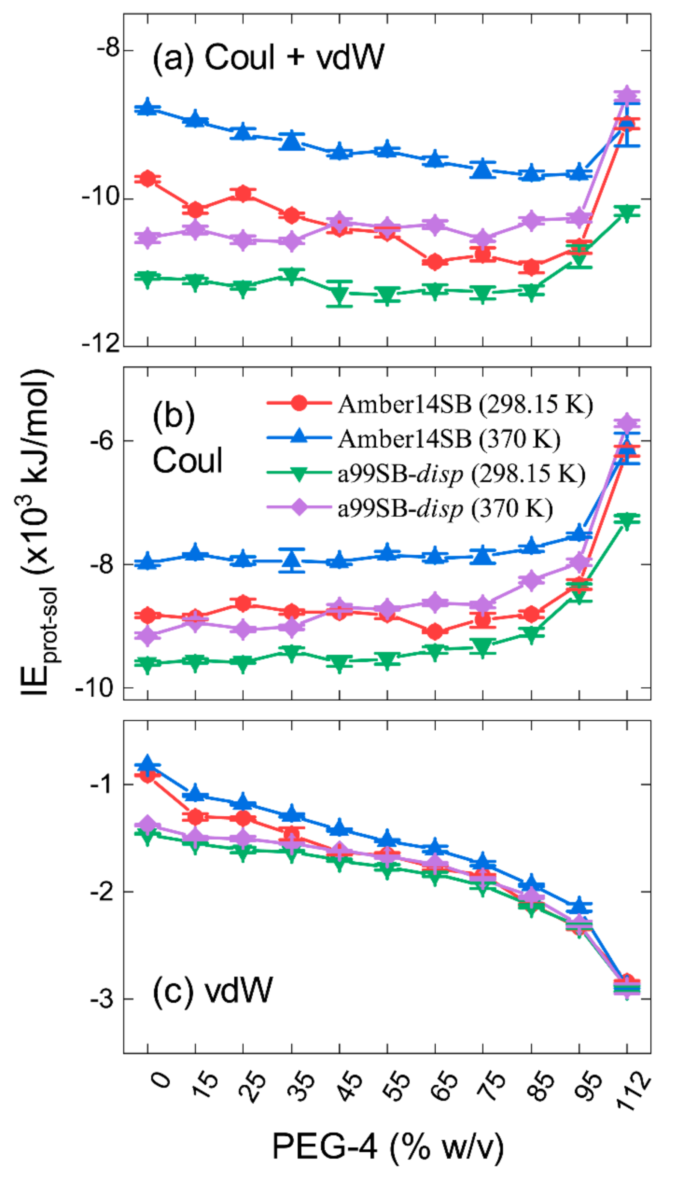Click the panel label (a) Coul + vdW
click(x=268, y=58)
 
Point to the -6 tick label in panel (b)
click(x=101, y=441)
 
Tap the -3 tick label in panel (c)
click(x=101, y=999)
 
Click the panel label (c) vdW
click(x=213, y=989)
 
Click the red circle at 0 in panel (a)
click(x=148, y=178)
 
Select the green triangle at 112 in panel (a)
click(x=627, y=213)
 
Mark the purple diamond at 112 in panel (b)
click(x=627, y=423)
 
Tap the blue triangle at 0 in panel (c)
click(x=148, y=764)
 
